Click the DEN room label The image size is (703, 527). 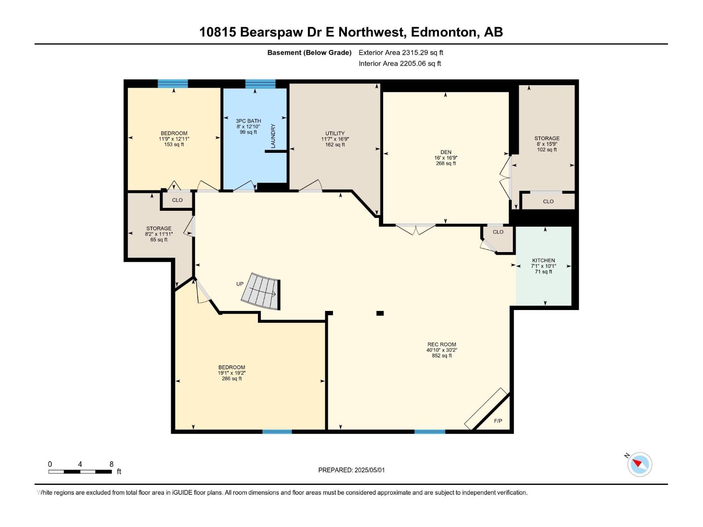click(x=446, y=152)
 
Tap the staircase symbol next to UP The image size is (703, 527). click(x=260, y=291)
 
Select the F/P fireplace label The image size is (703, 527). click(x=498, y=421)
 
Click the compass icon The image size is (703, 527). click(x=639, y=464)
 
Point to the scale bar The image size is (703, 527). click(x=80, y=472)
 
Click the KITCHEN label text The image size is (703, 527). click(x=544, y=260)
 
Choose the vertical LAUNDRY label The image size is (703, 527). click(x=273, y=136)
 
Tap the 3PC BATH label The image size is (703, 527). click(x=248, y=121)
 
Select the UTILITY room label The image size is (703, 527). click(x=335, y=134)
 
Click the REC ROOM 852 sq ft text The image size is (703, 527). click(x=442, y=356)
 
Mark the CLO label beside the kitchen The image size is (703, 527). click(x=498, y=232)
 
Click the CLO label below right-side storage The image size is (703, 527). click(x=548, y=202)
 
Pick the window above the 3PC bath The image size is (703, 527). click(x=260, y=84)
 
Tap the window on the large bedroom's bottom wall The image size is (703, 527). click(x=277, y=432)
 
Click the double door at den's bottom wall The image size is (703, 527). click(x=415, y=228)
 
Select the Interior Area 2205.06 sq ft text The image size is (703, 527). click(x=399, y=63)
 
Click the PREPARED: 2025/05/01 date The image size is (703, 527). click(x=351, y=470)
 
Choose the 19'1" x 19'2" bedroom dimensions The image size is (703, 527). click(x=232, y=373)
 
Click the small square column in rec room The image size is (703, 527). click(x=380, y=313)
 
